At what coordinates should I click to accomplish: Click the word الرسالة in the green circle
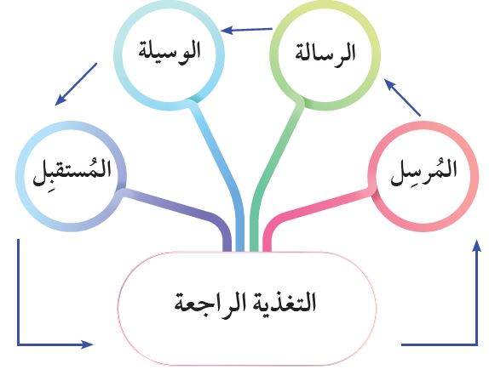(325, 54)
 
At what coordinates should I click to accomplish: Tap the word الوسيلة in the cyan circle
(170, 52)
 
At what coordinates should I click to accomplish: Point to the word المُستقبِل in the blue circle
(72, 172)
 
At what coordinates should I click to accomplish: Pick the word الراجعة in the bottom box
(206, 303)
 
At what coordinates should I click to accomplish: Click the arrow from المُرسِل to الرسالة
(402, 98)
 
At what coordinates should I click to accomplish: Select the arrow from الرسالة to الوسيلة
(246, 30)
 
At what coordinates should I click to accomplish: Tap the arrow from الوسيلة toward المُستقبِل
(76, 84)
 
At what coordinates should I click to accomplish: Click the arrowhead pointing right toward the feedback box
(87, 344)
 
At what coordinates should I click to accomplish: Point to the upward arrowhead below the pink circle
(476, 246)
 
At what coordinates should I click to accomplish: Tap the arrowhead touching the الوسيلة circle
(227, 31)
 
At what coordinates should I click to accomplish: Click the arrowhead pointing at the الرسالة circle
(389, 84)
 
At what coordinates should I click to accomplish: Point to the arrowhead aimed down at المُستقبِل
(60, 100)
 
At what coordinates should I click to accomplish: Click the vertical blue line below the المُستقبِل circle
(18, 292)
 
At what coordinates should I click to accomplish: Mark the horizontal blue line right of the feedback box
(439, 344)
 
